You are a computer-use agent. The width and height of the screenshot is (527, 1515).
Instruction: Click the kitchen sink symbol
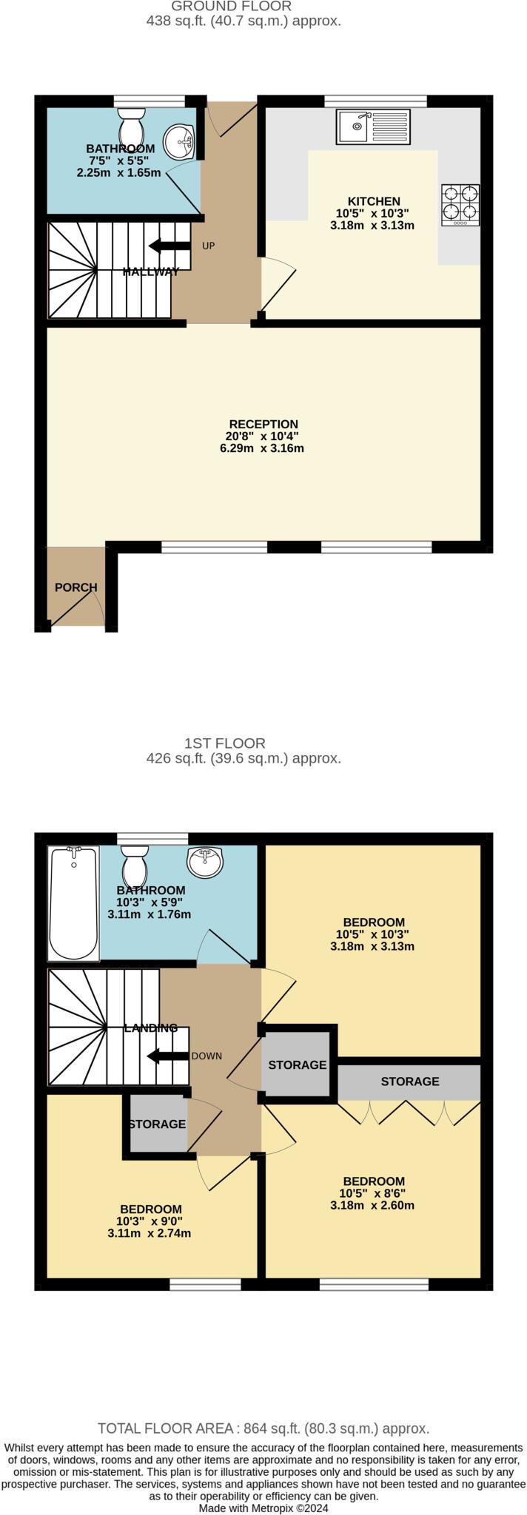point(373,126)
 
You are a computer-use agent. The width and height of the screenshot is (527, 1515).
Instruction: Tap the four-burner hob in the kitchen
point(460,204)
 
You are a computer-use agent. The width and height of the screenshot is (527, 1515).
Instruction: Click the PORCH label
point(75,587)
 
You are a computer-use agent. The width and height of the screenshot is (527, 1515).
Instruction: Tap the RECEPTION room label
point(263,424)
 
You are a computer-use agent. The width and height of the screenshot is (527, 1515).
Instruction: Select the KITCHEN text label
point(374,201)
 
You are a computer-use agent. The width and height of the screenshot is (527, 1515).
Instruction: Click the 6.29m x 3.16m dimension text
point(262,448)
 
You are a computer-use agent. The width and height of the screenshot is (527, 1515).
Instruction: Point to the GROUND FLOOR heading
point(231,7)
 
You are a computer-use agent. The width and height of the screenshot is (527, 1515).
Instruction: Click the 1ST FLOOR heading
point(224,743)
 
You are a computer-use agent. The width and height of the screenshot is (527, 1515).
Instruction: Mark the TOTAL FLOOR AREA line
point(263,1428)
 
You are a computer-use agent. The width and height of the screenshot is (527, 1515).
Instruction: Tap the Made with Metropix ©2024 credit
point(263,1508)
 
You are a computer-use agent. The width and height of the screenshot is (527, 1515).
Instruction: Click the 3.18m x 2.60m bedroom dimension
point(372,1205)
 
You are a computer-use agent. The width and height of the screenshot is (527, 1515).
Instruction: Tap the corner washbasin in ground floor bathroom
point(178,139)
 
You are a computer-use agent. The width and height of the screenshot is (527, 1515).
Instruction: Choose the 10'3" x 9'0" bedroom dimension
point(149,1221)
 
